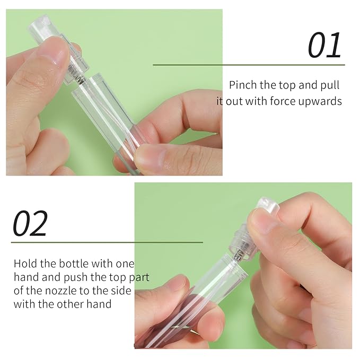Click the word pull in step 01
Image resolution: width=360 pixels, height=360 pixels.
tap(329, 85)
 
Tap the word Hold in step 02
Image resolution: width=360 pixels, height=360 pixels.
tap(24, 264)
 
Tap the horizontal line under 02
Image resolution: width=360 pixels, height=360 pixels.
tap(107, 242)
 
